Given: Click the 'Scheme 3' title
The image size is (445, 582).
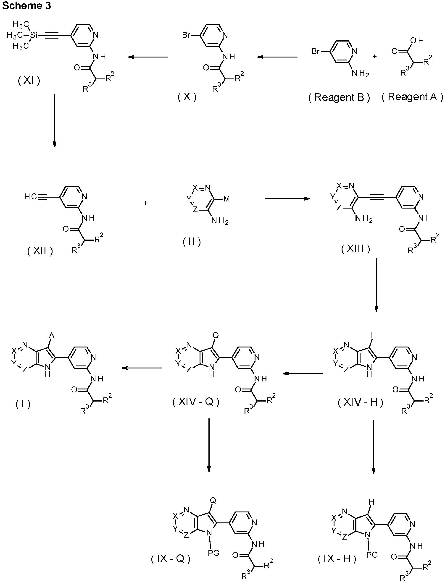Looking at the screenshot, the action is (26, 5).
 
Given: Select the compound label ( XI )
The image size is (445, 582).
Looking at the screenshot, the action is (29, 81).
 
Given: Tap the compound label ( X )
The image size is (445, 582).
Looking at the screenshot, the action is (187, 97).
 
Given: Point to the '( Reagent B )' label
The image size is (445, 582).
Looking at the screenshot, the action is (339, 97).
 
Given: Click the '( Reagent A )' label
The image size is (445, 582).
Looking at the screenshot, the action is (412, 97).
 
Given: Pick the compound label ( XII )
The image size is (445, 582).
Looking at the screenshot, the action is (40, 251).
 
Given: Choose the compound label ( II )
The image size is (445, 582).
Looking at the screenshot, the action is (192, 242).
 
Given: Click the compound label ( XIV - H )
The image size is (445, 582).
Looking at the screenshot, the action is (361, 402).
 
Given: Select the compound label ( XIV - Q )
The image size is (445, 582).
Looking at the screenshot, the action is (196, 402).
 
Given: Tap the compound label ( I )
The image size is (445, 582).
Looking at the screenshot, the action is (23, 404).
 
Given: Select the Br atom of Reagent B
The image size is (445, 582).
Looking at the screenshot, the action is (316, 51).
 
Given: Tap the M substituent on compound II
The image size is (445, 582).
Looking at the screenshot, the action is (226, 199).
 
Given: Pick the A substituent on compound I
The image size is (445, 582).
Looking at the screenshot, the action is (52, 336).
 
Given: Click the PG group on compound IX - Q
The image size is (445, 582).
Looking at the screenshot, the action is (213, 553).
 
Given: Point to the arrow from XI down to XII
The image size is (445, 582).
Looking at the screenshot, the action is (54, 120).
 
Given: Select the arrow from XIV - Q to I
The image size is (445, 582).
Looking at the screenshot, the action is (142, 368).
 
